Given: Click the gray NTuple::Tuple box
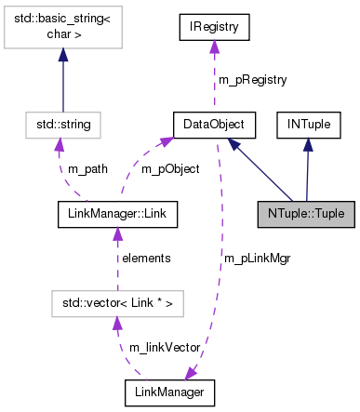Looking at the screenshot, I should pyautogui.click(x=304, y=213).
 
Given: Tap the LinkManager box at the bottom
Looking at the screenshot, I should pyautogui.click(x=170, y=393).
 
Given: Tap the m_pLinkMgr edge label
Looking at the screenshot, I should pyautogui.click(x=257, y=259).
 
